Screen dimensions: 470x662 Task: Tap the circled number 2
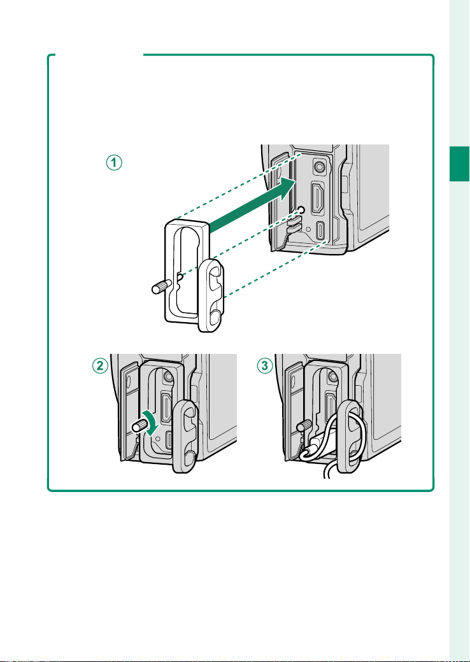pyautogui.click(x=100, y=365)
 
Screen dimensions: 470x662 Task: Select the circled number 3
pyautogui.click(x=265, y=365)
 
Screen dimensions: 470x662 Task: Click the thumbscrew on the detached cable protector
pyautogui.click(x=161, y=288)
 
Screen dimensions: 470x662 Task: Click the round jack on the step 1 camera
pyautogui.click(x=318, y=167)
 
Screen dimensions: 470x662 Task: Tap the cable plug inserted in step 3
pyautogui.click(x=317, y=447)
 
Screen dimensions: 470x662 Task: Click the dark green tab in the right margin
pyautogui.click(x=459, y=164)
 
